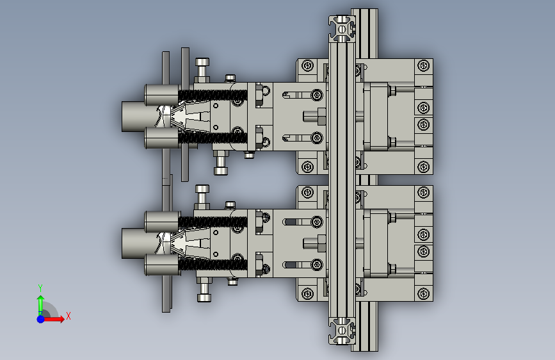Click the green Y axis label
point(40,288)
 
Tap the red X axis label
point(68,316)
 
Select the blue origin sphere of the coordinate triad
point(41,319)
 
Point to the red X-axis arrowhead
point(61,319)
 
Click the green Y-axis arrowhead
point(41,299)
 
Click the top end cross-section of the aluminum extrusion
point(342,29)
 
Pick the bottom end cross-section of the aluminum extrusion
point(342,331)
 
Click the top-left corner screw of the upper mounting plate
point(307,65)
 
